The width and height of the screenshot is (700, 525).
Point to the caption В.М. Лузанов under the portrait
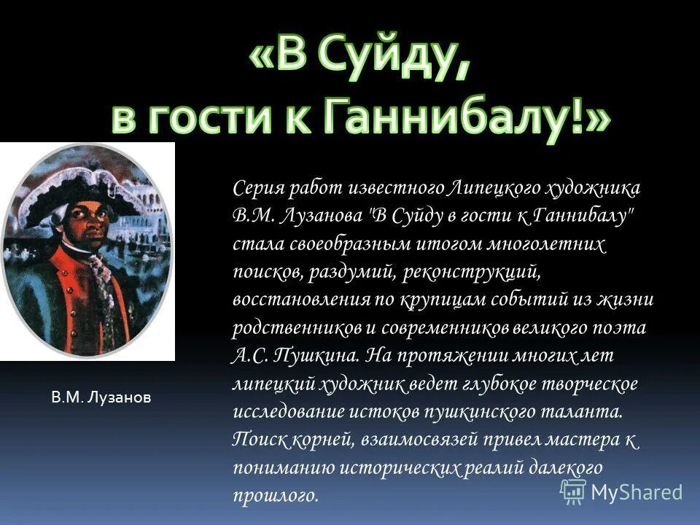pyautogui.click(x=101, y=397)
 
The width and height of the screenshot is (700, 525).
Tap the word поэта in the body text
pyautogui.click(x=621, y=327)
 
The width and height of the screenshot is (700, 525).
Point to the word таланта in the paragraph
pyautogui.click(x=580, y=411)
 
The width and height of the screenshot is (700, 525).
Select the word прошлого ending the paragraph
pyautogui.click(x=276, y=496)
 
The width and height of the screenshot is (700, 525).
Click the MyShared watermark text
pyautogui.click(x=637, y=492)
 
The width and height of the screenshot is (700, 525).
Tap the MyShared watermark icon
pyautogui.click(x=573, y=492)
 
